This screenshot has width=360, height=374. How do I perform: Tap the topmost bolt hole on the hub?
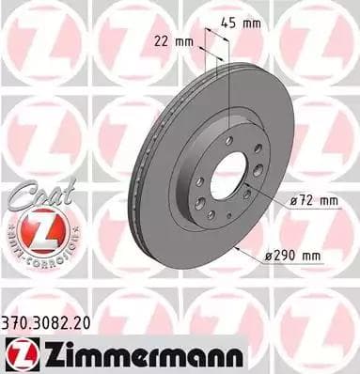[227, 140]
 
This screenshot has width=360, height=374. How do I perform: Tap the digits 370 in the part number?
[16, 321]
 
